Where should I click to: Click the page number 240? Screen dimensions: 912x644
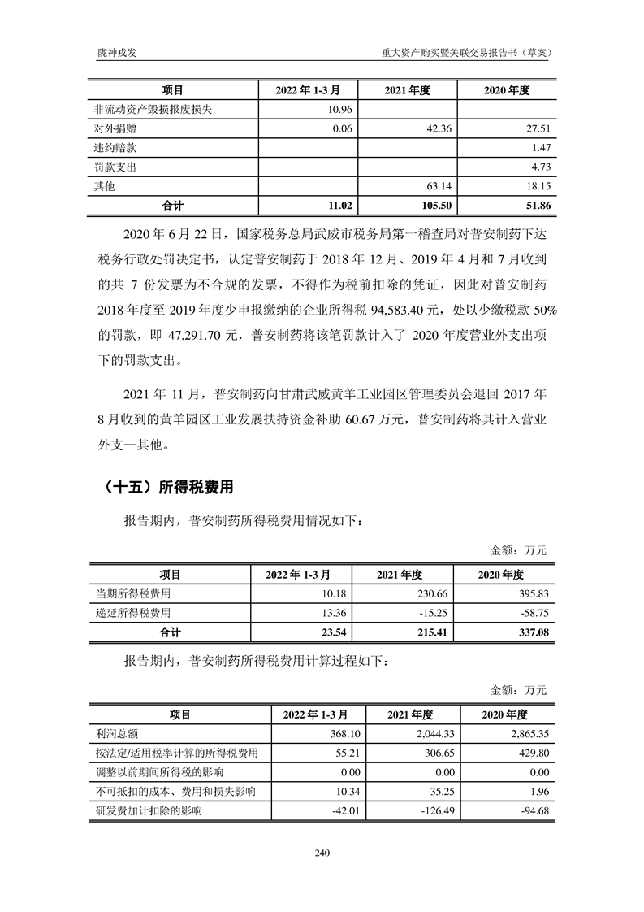[x=322, y=853]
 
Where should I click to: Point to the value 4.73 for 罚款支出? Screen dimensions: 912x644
[x=540, y=167]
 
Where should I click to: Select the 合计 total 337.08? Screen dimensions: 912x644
[x=534, y=632]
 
